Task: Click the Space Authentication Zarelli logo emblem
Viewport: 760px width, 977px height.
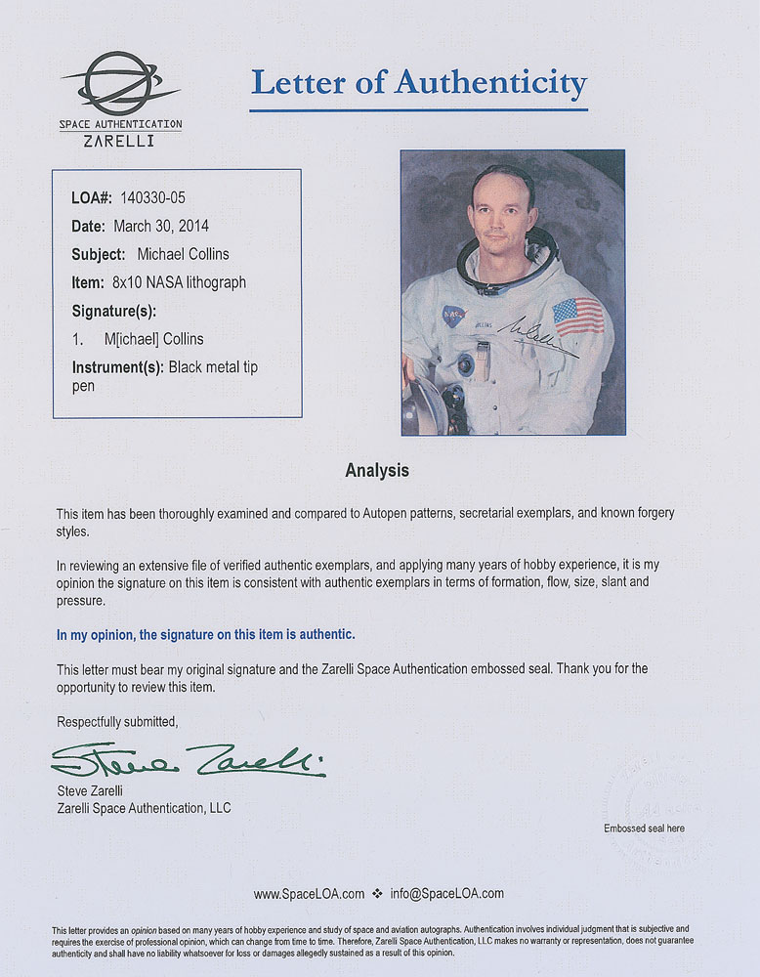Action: (x=121, y=84)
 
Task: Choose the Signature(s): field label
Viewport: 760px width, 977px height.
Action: (x=114, y=312)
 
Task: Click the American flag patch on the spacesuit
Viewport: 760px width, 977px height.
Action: (x=577, y=316)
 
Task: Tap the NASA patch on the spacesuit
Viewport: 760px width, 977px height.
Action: (x=453, y=316)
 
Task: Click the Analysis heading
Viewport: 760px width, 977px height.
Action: (x=377, y=471)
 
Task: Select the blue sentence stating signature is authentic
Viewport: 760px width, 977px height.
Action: (x=205, y=635)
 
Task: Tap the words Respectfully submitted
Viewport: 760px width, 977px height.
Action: (x=117, y=721)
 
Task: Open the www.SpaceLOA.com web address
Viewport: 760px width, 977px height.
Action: (x=309, y=894)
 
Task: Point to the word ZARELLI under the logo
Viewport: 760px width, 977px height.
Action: (x=120, y=141)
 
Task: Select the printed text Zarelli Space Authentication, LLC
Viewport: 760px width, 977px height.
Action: (x=144, y=808)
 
